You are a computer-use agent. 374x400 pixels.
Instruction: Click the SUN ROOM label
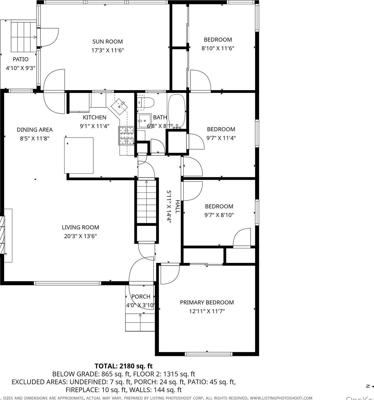[x=107, y=42]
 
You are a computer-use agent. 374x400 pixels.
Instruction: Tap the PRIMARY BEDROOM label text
[x=207, y=303]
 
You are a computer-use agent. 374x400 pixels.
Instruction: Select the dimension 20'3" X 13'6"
[x=80, y=236]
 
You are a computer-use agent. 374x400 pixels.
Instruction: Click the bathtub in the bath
[x=176, y=111]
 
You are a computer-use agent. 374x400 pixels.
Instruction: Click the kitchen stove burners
[x=126, y=135]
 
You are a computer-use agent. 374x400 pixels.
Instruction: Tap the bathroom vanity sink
[x=144, y=121]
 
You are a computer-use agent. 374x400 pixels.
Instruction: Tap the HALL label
[x=177, y=206]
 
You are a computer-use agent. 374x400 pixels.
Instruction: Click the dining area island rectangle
[x=79, y=155]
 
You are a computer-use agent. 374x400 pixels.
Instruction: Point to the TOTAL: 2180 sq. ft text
[x=123, y=366]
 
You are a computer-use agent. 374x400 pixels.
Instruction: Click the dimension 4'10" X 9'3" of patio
[x=20, y=68]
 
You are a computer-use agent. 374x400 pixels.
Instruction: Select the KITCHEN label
[x=95, y=117]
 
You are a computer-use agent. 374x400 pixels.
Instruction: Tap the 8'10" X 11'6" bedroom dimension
[x=218, y=48]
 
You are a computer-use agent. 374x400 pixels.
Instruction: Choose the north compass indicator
[x=368, y=386]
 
